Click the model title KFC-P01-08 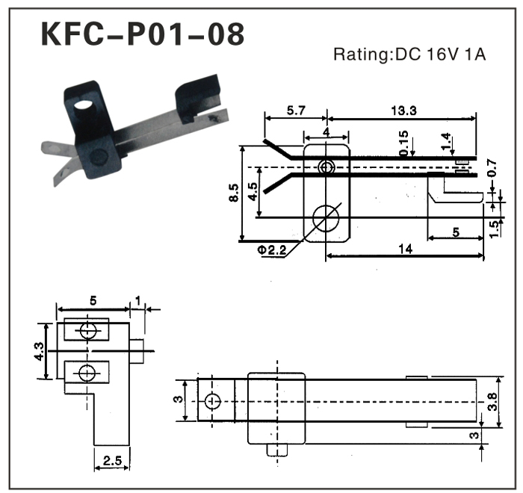pyautogui.click(x=141, y=34)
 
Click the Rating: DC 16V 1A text pyautogui.click(x=410, y=55)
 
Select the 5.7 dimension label pyautogui.click(x=296, y=111)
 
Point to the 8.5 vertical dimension pyautogui.click(x=235, y=193)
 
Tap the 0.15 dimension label pyautogui.click(x=404, y=143)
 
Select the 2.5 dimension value pyautogui.click(x=112, y=462)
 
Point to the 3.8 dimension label pyautogui.click(x=491, y=404)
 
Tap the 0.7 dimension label pyautogui.click(x=491, y=170)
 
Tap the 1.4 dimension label pyautogui.click(x=445, y=140)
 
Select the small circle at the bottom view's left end pyautogui.click(x=212, y=401)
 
